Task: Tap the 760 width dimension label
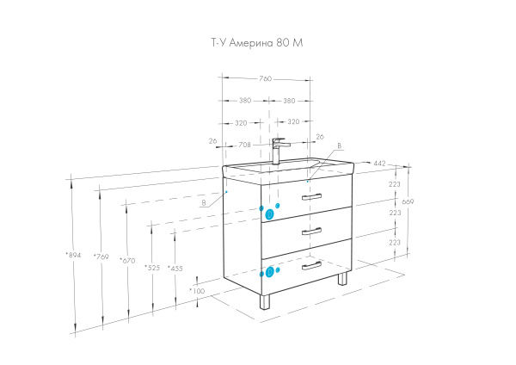click(266, 78)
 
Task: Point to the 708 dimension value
click(245, 144)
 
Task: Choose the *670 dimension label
click(128, 261)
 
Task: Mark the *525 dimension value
click(153, 267)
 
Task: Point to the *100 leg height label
click(197, 291)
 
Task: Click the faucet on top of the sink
click(277, 151)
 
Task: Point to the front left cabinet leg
click(263, 302)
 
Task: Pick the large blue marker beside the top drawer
click(269, 213)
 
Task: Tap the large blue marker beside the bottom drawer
click(269, 272)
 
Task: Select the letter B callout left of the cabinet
click(203, 203)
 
